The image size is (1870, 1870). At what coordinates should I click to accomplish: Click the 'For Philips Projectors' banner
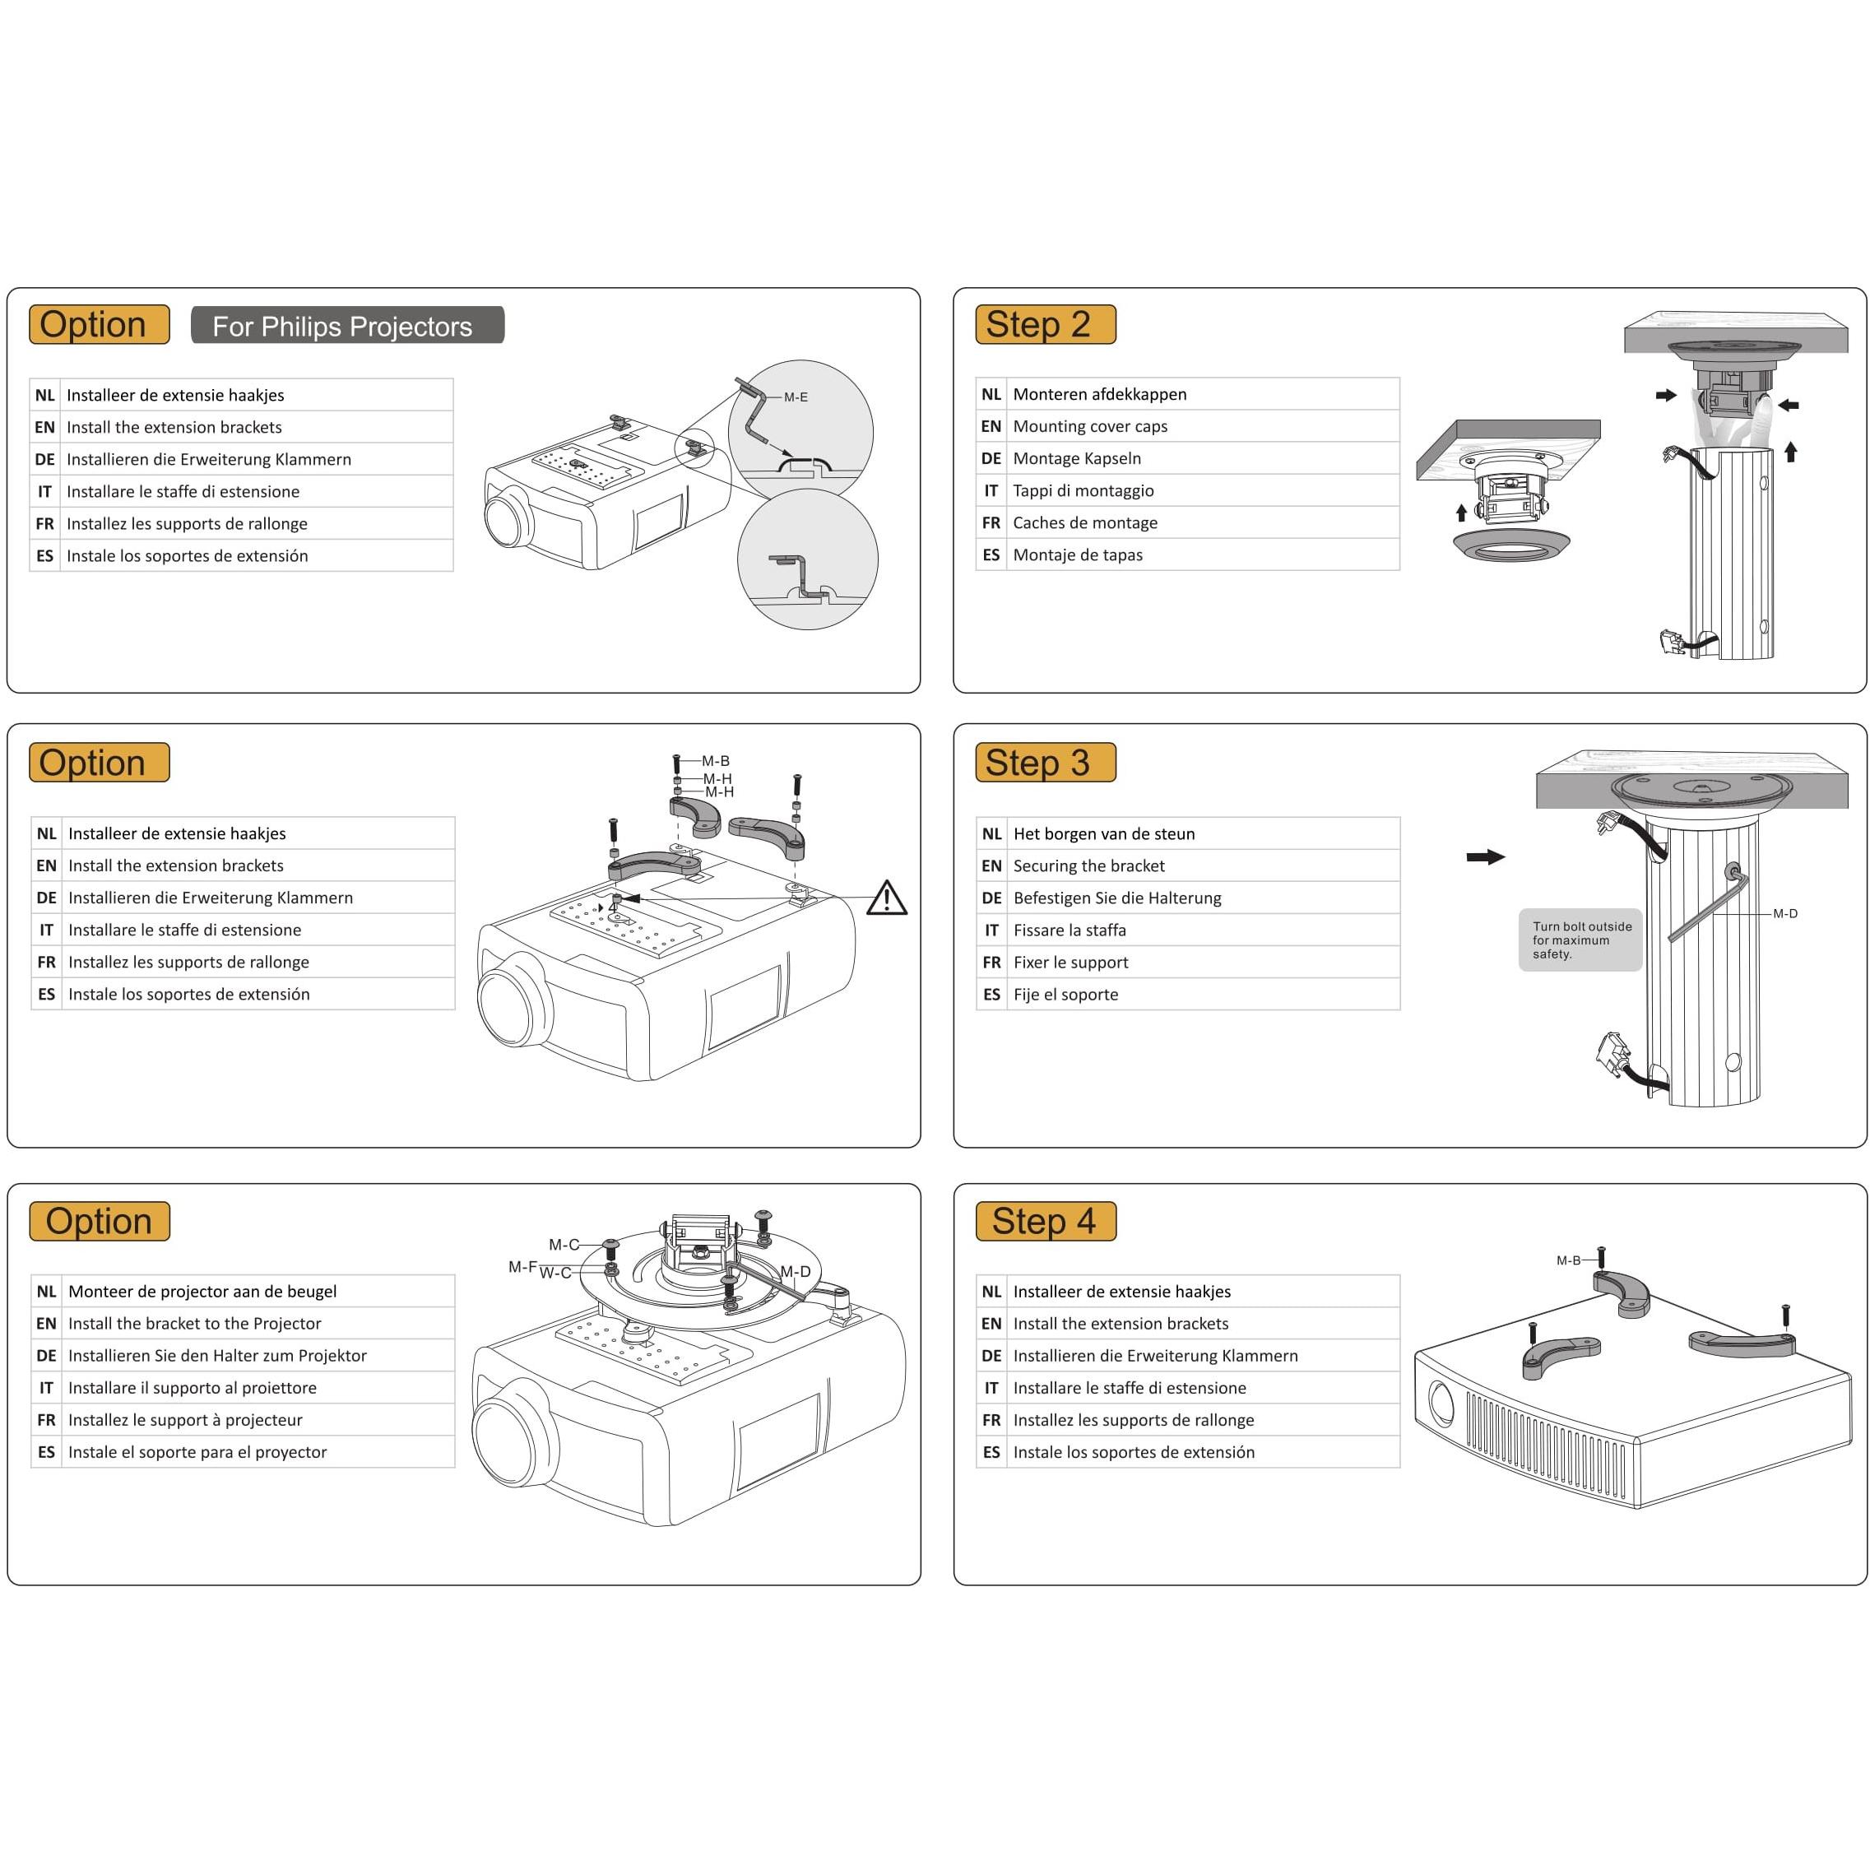(x=346, y=325)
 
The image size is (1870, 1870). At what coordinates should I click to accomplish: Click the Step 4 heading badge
(x=1046, y=1221)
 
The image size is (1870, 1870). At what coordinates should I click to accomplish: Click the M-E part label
(x=795, y=397)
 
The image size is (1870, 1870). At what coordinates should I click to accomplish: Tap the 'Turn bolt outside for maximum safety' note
(x=1580, y=940)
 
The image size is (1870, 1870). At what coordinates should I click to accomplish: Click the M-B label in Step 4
(x=1567, y=1260)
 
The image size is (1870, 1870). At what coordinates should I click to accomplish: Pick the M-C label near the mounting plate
(x=564, y=1245)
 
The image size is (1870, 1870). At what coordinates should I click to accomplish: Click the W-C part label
(x=555, y=1273)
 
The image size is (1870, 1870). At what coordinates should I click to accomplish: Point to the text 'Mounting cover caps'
(x=1090, y=426)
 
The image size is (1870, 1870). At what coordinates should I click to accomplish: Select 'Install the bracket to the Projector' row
(x=194, y=1323)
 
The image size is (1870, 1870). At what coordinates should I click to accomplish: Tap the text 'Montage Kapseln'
(x=1076, y=457)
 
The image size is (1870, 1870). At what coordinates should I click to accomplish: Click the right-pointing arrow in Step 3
(x=1485, y=856)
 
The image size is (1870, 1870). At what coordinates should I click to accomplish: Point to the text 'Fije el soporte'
(x=1065, y=994)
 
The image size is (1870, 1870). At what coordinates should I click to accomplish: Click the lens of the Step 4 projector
(x=1441, y=1404)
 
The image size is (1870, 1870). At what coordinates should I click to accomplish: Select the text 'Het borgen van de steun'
(x=1103, y=833)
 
